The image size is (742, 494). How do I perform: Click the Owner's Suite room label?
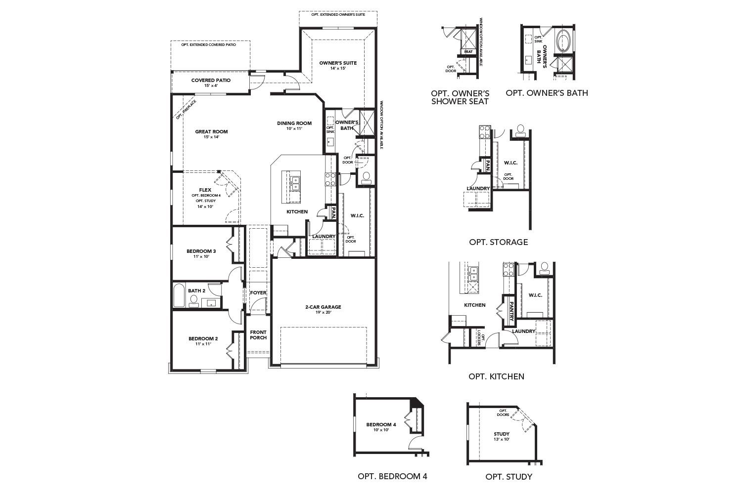[338, 63]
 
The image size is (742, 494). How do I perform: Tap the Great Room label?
[211, 132]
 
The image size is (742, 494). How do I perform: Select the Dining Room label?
[294, 123]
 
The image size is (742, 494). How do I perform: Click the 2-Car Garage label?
[323, 307]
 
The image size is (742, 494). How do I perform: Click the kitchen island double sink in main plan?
[294, 183]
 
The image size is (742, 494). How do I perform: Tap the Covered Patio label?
[211, 80]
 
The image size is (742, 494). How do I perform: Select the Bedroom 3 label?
[201, 251]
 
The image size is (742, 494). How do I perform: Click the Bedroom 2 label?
[203, 339]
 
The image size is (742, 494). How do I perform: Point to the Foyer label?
[258, 293]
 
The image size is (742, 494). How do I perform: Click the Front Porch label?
[258, 335]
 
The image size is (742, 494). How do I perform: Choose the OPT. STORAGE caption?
[498, 242]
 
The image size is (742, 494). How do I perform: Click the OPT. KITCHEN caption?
[496, 376]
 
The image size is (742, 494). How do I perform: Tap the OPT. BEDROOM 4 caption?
[392, 477]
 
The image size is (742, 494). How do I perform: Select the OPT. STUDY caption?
[509, 477]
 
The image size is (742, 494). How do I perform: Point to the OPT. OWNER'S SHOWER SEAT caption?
[460, 97]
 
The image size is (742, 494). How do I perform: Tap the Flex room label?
[205, 190]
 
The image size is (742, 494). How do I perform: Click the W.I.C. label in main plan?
[357, 216]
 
